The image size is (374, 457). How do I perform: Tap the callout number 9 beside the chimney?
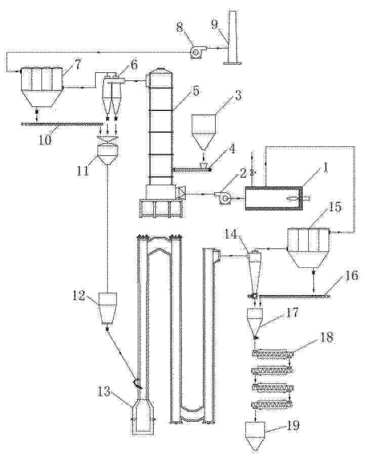pos(215,24)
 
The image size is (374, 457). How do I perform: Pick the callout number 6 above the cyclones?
pos(133,65)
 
